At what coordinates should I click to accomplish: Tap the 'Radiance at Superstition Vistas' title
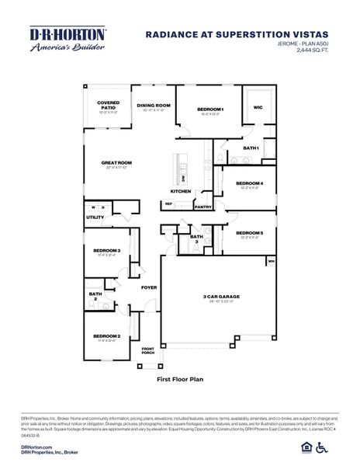(x=237, y=34)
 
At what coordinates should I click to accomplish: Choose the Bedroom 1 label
(x=210, y=110)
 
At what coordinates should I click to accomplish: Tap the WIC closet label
(x=258, y=108)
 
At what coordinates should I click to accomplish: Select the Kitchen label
(x=181, y=191)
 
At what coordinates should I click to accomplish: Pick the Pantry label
(x=203, y=207)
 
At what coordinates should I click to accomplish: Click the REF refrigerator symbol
(x=168, y=203)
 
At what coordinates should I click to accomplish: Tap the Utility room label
(x=95, y=217)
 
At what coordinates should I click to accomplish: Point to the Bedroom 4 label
(x=249, y=184)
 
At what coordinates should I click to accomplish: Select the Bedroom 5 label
(x=249, y=233)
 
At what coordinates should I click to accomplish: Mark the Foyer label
(x=149, y=287)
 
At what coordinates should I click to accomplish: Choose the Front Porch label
(x=147, y=350)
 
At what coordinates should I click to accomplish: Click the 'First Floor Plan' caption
(x=180, y=380)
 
